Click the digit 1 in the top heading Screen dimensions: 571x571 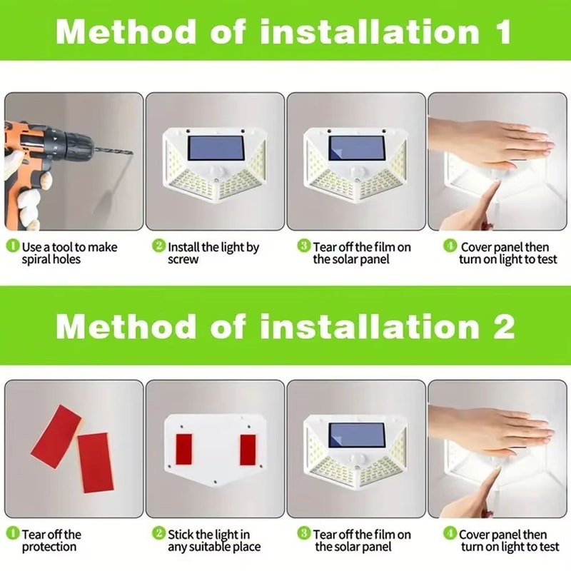pos(502,31)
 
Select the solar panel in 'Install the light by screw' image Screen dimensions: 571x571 pos(216,148)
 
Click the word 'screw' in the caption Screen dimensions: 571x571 pos(183,260)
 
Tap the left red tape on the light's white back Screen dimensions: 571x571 pos(183,448)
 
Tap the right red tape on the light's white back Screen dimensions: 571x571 pos(248,450)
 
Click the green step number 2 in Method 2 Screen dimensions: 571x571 pos(158,533)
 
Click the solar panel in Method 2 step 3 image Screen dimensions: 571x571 pos(356,436)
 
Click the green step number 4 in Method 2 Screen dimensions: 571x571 pos(450,533)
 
